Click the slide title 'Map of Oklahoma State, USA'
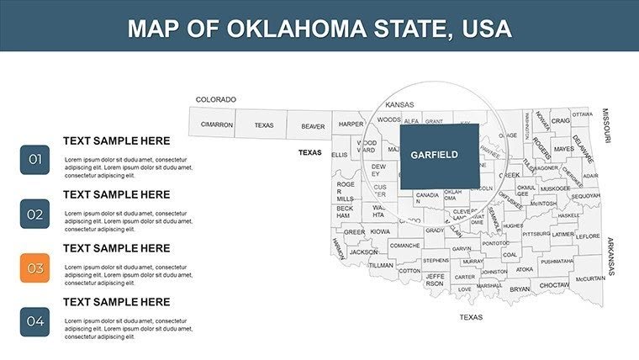pyautogui.click(x=319, y=29)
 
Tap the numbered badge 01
pyautogui.click(x=34, y=159)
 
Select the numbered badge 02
pyautogui.click(x=34, y=214)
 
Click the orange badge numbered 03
pyautogui.click(x=34, y=268)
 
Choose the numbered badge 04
pyautogui.click(x=34, y=320)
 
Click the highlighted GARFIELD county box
pyautogui.click(x=439, y=156)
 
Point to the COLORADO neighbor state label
pyautogui.click(x=215, y=99)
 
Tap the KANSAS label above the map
pyautogui.click(x=399, y=105)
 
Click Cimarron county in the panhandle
pyautogui.click(x=216, y=124)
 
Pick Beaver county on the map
pyautogui.click(x=313, y=126)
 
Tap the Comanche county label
pyautogui.click(x=404, y=245)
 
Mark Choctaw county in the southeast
pyautogui.click(x=554, y=285)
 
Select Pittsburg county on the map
pyautogui.click(x=536, y=234)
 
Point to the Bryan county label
pyautogui.click(x=520, y=289)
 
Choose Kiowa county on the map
pyautogui.click(x=380, y=231)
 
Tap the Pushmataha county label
pyautogui.click(x=557, y=261)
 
